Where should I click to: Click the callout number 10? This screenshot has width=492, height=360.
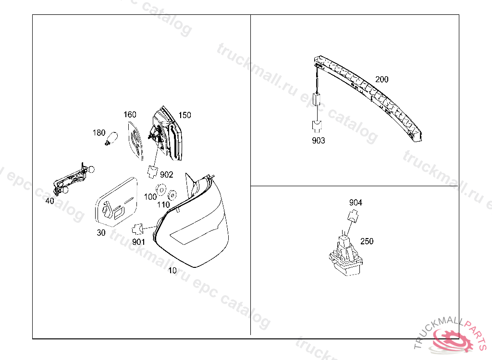[x=172, y=270]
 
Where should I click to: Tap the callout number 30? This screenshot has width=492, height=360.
[x=101, y=233]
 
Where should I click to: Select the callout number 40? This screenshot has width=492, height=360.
[x=50, y=201]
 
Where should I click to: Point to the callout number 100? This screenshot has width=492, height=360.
[x=150, y=197]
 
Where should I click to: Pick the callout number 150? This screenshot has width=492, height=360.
[x=184, y=115]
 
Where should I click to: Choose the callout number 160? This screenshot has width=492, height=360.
[x=130, y=115]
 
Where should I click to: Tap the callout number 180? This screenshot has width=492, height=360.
[x=99, y=132]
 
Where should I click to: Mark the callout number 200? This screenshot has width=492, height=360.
[x=382, y=79]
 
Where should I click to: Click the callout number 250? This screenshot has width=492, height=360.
[x=367, y=241]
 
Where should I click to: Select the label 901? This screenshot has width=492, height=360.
[x=138, y=242]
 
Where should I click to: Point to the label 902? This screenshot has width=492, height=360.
[x=166, y=175]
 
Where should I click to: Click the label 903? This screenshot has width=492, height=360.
[x=318, y=141]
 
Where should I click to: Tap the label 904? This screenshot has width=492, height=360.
[x=356, y=203]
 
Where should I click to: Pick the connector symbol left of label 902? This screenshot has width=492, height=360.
[x=153, y=170]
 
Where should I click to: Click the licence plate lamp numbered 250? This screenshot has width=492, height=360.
[x=345, y=257]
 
